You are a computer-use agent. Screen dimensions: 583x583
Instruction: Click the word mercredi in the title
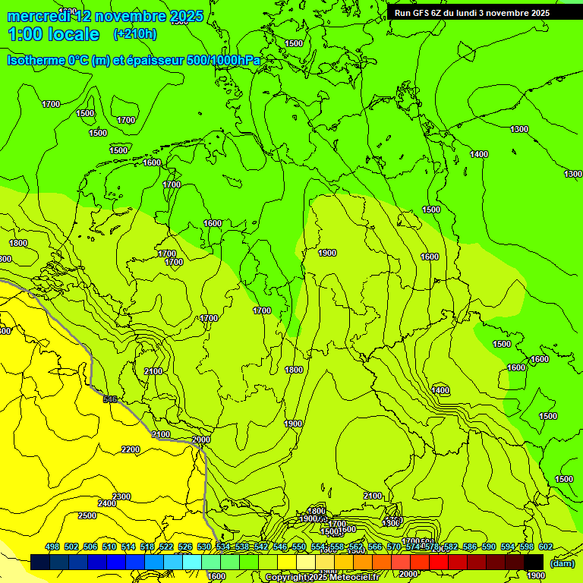pos(37,16)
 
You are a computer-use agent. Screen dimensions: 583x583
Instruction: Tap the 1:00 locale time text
pos(53,34)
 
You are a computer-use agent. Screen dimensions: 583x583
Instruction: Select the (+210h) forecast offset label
pos(135,33)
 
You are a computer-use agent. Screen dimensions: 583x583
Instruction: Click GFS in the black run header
pos(422,13)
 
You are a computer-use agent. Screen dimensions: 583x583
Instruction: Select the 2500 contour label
pos(87,515)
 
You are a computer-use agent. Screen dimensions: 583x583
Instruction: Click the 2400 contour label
pos(107,503)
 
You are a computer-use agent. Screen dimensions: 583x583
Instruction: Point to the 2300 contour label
pos(121,496)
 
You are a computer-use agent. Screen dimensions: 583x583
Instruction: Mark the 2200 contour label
pos(131,449)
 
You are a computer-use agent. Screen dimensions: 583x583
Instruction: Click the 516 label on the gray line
pos(111,399)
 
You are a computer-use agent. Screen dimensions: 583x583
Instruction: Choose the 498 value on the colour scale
pos(52,547)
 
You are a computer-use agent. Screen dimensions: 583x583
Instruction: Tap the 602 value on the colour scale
pos(545,547)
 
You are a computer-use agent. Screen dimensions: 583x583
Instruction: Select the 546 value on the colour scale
pos(279,547)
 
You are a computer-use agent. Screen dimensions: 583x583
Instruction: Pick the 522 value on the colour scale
pos(166,547)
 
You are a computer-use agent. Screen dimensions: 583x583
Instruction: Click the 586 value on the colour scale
pos(469,547)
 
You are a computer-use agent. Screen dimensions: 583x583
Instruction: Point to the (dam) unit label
pos(562,563)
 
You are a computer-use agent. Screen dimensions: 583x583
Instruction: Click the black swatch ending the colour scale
pos(534,562)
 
